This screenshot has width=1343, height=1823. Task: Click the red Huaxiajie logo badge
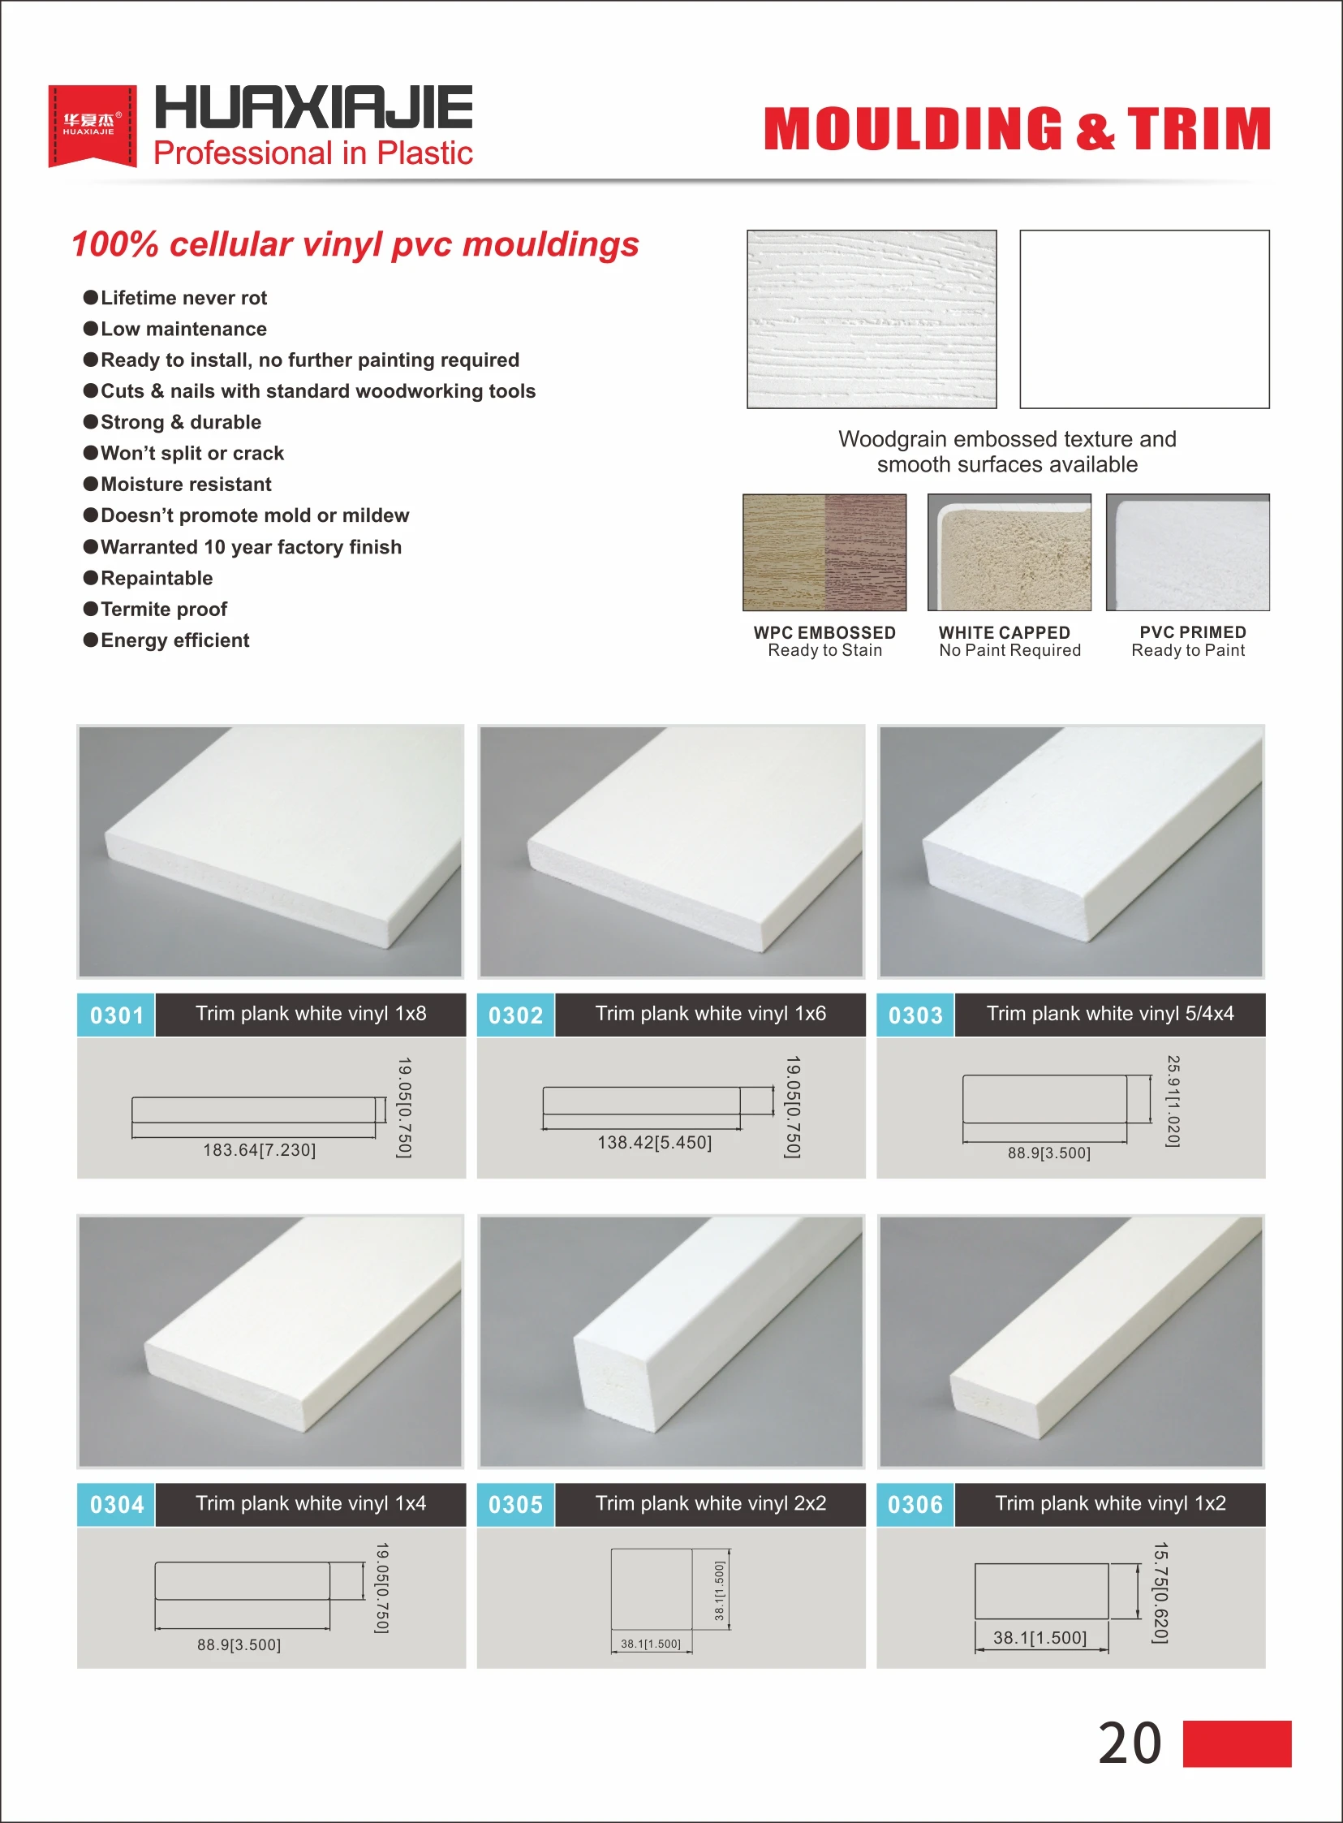point(92,125)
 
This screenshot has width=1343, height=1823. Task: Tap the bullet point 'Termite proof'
point(162,609)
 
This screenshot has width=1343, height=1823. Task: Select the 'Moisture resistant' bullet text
point(185,484)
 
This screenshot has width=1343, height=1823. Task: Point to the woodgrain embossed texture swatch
point(872,319)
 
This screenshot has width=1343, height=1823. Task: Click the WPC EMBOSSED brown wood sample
point(824,552)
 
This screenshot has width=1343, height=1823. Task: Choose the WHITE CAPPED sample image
point(1009,552)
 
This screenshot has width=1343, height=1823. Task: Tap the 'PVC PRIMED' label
point(1192,631)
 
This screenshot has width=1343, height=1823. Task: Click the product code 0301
point(116,1015)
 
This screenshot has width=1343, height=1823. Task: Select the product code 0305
point(515,1504)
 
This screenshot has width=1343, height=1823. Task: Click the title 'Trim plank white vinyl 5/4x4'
point(1109,1013)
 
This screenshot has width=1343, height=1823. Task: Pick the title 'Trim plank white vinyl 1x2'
point(1109,1502)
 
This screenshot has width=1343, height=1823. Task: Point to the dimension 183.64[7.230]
point(260,1150)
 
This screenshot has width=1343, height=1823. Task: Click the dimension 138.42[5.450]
point(654,1143)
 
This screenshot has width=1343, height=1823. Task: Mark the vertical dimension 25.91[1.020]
point(1173,1101)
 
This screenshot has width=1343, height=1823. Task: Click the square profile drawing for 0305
point(651,1588)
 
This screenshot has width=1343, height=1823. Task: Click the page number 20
point(1130,1743)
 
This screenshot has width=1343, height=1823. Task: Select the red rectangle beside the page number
point(1237,1743)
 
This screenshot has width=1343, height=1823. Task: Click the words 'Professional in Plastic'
point(313,153)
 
